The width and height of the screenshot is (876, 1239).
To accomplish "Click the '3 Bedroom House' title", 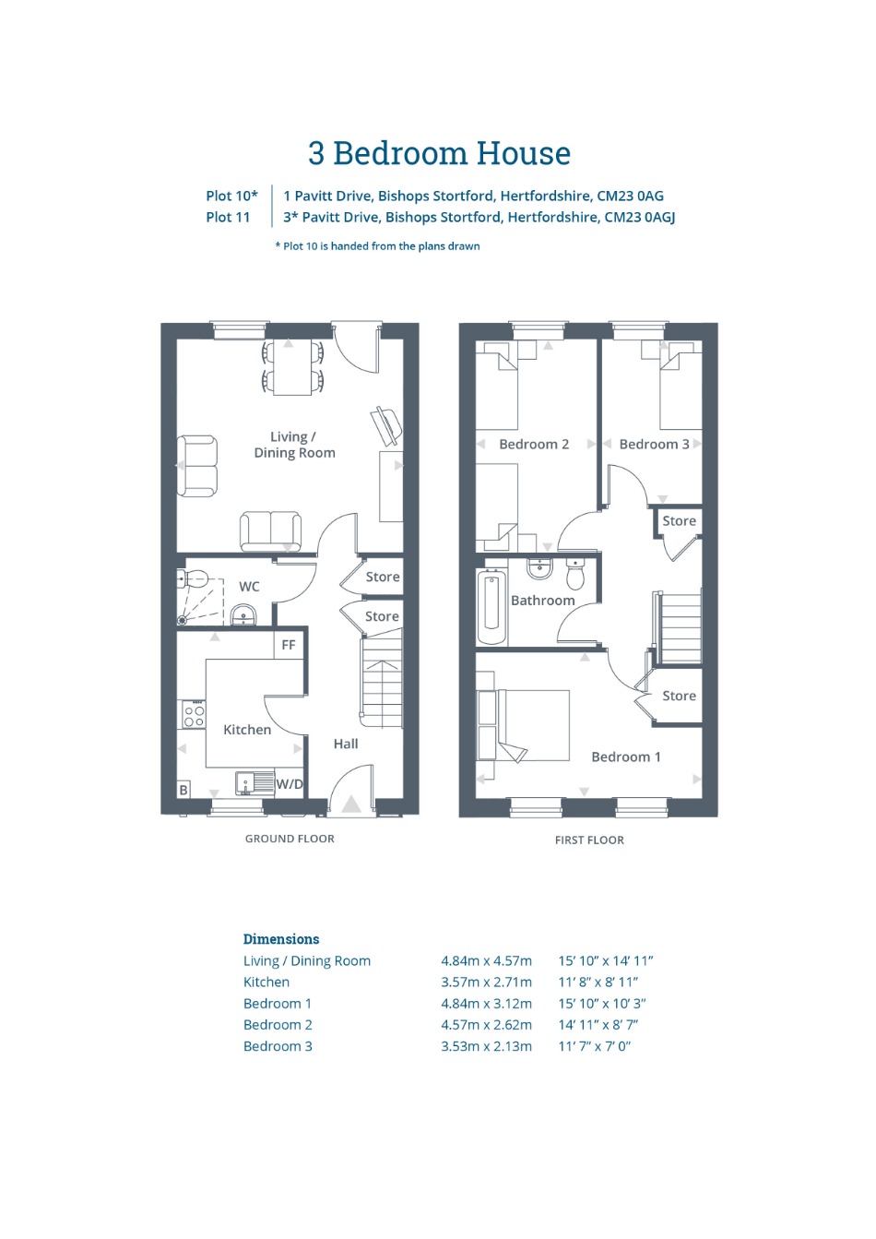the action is click(439, 153).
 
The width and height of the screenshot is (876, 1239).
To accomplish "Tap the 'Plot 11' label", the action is click(228, 218).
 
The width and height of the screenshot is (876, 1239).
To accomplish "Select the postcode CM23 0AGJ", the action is click(639, 218).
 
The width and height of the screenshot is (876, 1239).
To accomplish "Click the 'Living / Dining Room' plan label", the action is click(294, 445).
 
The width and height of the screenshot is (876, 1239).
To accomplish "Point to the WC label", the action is click(249, 587).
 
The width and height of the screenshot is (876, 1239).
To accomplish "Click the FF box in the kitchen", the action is click(289, 644).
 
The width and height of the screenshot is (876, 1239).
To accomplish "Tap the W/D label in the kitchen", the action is click(289, 784).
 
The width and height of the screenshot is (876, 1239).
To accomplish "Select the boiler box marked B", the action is click(184, 791).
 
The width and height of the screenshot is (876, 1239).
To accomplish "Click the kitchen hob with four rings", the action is click(194, 713).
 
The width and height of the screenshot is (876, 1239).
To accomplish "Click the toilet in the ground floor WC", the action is click(193, 579).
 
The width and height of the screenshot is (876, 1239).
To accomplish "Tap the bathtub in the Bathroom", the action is click(491, 607).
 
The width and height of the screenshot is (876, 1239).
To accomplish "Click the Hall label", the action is click(346, 744).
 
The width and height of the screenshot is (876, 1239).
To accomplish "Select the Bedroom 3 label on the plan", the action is click(654, 444).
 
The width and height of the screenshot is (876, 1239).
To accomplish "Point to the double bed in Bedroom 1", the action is click(523, 725).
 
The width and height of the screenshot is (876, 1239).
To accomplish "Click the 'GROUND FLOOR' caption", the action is click(290, 839).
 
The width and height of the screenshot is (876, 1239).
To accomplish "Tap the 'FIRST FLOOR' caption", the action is click(589, 840).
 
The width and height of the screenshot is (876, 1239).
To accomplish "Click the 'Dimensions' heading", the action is click(281, 938).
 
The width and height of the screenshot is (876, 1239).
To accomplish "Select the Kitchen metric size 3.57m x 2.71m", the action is click(486, 982).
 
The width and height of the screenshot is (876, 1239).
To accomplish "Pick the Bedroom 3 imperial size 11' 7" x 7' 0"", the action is click(595, 1046).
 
